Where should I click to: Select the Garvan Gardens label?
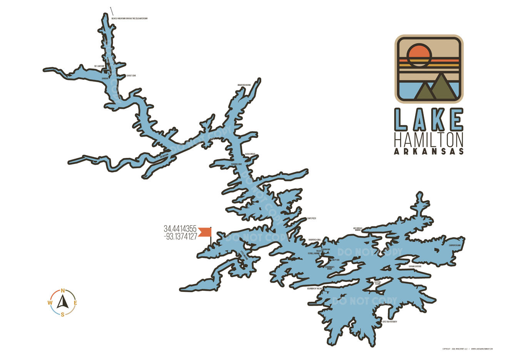point(415,266)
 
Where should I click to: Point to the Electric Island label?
point(378,283)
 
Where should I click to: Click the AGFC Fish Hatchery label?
point(389,321)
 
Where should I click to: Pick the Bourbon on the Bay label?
point(314,288)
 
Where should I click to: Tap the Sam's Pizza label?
point(311,218)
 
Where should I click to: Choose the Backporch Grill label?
point(315,239)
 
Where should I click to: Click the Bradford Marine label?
point(244,85)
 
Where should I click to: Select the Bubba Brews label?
point(250,154)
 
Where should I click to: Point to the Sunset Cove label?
point(131,75)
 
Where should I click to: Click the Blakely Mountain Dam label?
point(129,18)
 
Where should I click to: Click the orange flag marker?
point(205,232)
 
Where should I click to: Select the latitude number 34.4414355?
point(180,229)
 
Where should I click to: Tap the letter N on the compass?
point(62,291)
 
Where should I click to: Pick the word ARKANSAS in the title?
point(429,151)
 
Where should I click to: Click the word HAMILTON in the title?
point(429,139)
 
